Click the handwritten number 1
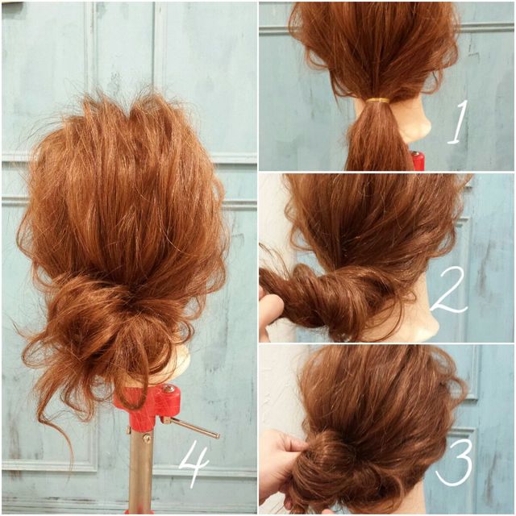(x=458, y=123)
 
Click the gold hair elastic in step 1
(x=378, y=100)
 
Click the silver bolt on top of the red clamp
(x=169, y=389)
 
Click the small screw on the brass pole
(x=147, y=438)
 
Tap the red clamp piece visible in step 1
(x=417, y=160)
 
